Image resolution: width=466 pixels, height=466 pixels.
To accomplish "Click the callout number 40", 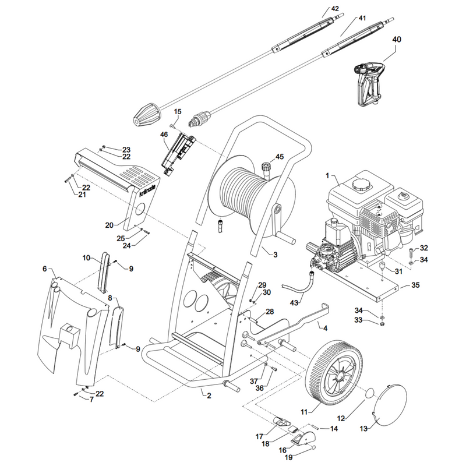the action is pyautogui.click(x=397, y=40).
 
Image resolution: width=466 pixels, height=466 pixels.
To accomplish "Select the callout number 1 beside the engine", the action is pyautogui.click(x=327, y=176).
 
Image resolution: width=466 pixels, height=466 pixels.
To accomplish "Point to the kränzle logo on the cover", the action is pyautogui.click(x=147, y=189).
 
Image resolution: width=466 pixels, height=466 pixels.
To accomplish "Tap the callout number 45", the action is pyautogui.click(x=280, y=157).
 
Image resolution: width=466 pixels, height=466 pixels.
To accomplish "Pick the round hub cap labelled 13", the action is pyautogui.click(x=389, y=407).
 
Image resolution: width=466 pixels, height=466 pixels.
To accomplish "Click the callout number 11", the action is pyautogui.click(x=304, y=412).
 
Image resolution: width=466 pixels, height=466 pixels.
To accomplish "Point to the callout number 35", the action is pyautogui.click(x=415, y=285).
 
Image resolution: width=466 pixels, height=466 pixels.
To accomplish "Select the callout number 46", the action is pyautogui.click(x=164, y=135).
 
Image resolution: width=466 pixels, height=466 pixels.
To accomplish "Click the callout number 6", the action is pyautogui.click(x=45, y=269).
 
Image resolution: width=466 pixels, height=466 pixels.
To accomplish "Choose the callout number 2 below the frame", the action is pyautogui.click(x=209, y=396).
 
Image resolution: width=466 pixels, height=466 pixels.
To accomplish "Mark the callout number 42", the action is pyautogui.click(x=334, y=9).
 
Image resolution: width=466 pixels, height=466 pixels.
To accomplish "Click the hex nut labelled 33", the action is pyautogui.click(x=383, y=324).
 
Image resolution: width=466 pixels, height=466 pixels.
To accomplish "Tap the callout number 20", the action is pyautogui.click(x=110, y=225).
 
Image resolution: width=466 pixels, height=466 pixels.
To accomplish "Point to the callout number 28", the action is pyautogui.click(x=270, y=312).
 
